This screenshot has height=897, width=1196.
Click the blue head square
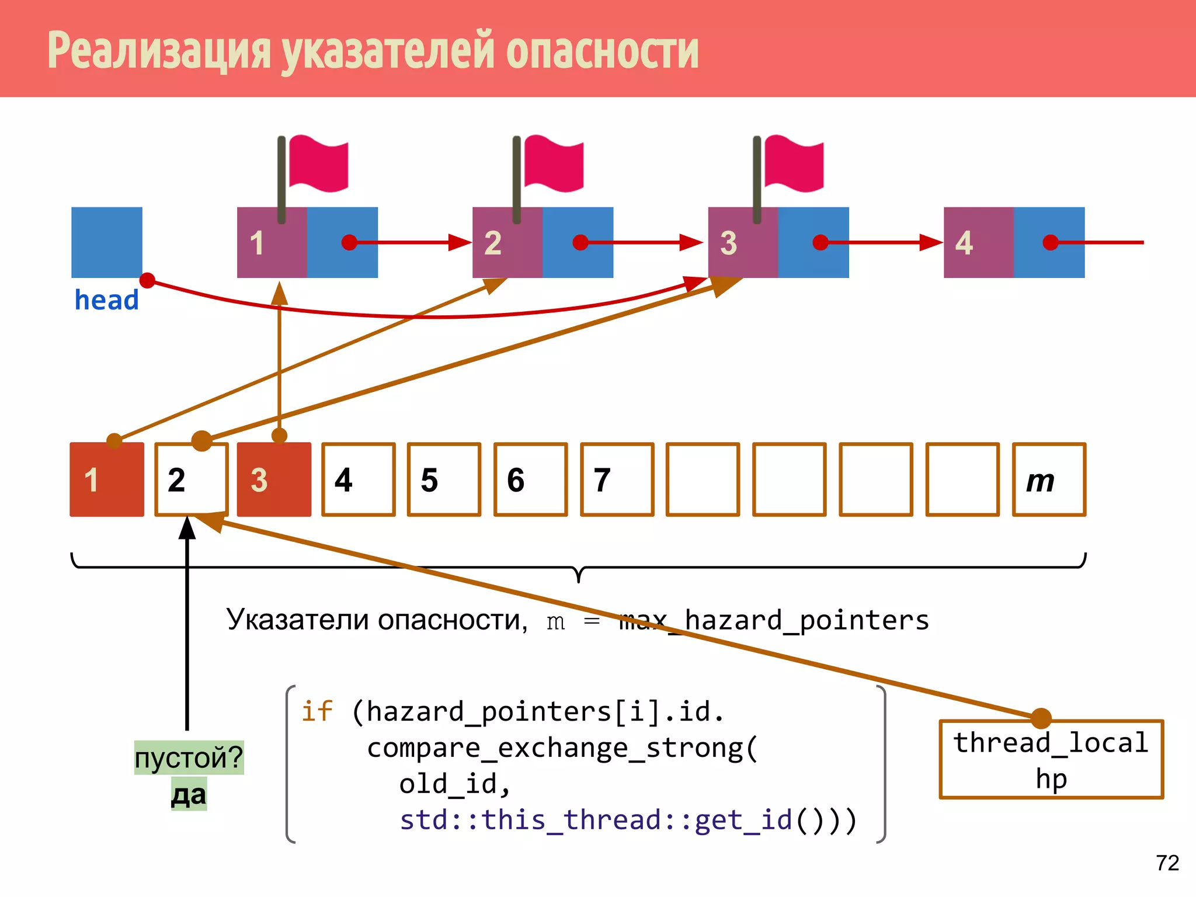pos(107,242)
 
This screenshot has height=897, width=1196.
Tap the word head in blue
pos(107,300)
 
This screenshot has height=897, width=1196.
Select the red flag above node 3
pos(794,164)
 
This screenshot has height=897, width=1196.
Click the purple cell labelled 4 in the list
pos(978,242)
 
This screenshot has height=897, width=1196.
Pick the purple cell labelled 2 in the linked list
pos(507,242)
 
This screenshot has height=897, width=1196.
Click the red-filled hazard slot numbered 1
pos(107,479)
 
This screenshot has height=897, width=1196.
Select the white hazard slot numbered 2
pos(192,479)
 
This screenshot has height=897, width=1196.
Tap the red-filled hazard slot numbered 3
pos(274,479)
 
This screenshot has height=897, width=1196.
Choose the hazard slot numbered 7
pos(617,479)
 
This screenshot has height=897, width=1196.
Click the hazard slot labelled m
pos(1049,479)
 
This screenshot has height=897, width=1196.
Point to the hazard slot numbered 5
pos(444,479)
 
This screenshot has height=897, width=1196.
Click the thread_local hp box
pos(1051,759)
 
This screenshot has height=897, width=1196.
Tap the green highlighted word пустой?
pos(189,757)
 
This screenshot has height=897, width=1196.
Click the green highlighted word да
pos(189,795)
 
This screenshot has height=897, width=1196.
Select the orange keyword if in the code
pos(317,711)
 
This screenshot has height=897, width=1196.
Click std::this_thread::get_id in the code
pos(596,819)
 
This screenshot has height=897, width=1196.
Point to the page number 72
pos(1167,863)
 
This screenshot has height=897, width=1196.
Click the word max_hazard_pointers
pos(774,620)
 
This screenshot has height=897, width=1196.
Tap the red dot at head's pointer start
pos(147,281)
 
